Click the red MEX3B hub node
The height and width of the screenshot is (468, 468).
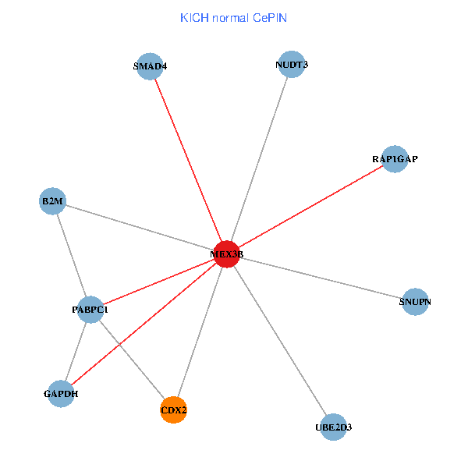[226, 254]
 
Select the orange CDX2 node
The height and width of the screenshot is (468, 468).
[174, 409]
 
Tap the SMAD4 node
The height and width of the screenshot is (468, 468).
[149, 66]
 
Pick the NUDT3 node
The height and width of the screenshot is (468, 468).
[291, 65]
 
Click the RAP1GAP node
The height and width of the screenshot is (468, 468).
[395, 159]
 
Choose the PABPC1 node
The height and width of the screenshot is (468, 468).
[90, 310]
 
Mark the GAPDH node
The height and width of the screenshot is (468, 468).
[61, 393]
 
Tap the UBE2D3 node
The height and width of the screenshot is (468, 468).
[333, 427]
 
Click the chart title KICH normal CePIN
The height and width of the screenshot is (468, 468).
[233, 17]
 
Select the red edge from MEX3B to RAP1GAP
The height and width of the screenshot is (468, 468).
[310, 207]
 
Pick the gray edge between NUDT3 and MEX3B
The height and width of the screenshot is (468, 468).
[258, 160]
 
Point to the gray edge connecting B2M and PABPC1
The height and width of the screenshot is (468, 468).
[71, 255]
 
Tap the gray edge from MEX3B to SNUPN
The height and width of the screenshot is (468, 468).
[321, 278]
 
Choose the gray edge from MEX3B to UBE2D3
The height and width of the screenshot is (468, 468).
[279, 340]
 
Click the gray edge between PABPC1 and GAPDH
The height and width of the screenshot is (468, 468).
[76, 351]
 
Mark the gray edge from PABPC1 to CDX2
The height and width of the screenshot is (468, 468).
[132, 360]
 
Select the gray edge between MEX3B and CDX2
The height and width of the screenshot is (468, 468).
[200, 331]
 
